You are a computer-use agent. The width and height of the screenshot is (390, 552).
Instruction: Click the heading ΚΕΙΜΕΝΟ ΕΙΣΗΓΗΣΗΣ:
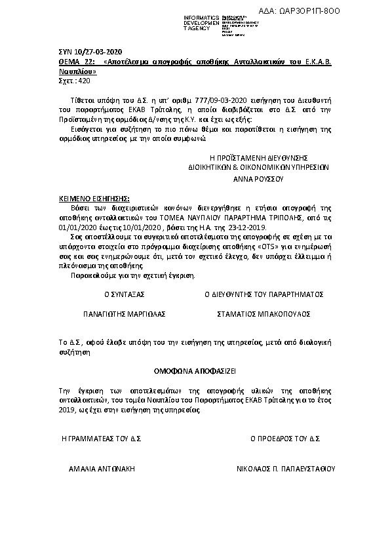click(90, 197)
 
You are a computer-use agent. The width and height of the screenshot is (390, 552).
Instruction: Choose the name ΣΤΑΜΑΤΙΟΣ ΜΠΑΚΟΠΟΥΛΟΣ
click(263, 314)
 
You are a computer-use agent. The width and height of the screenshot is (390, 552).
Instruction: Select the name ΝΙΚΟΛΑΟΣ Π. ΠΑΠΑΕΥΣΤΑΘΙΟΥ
click(285, 469)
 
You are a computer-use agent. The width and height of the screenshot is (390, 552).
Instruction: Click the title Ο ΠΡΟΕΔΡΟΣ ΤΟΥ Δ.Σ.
click(284, 437)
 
